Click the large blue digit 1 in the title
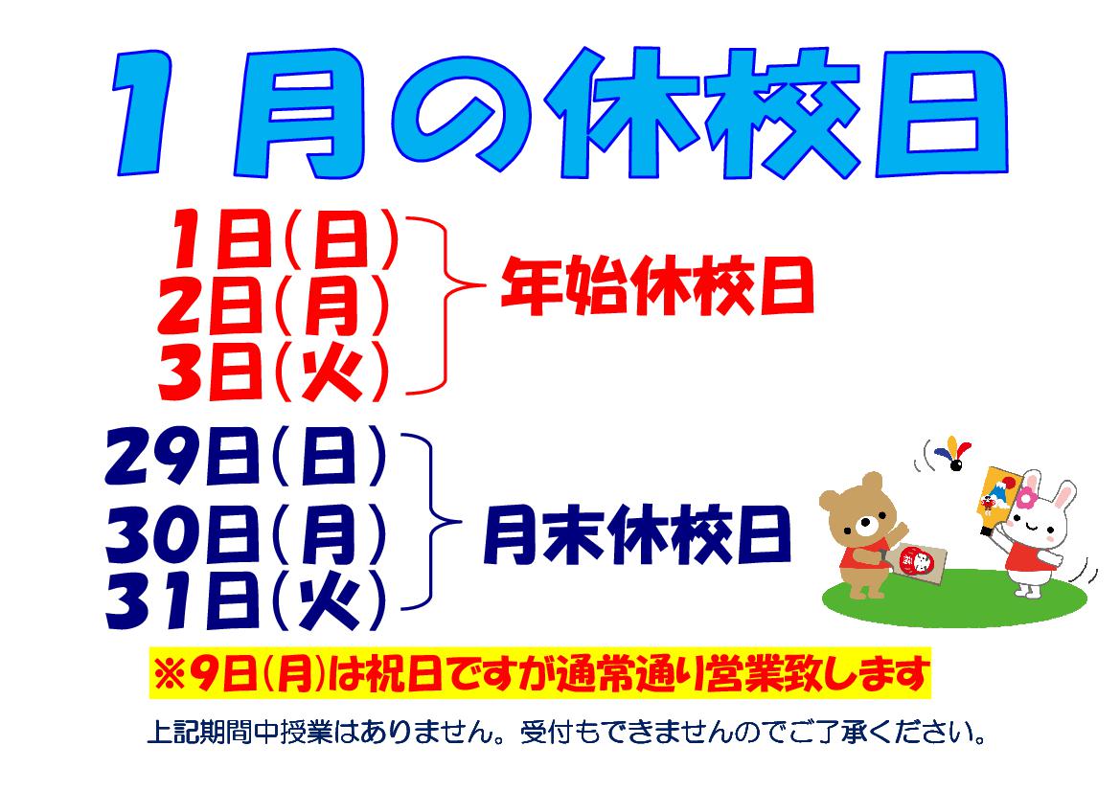point(143,113)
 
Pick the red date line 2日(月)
point(273,305)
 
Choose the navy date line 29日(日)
point(245,456)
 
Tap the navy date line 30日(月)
point(245,534)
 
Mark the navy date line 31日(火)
point(245,601)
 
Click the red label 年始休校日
point(657,286)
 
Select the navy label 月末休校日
point(638,534)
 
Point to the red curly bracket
point(446,305)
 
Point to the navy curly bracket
point(431,522)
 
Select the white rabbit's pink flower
point(1026,497)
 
